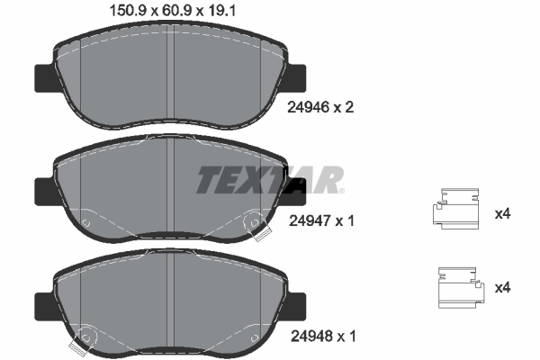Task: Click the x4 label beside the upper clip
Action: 503,214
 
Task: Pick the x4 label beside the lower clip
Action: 503,288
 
